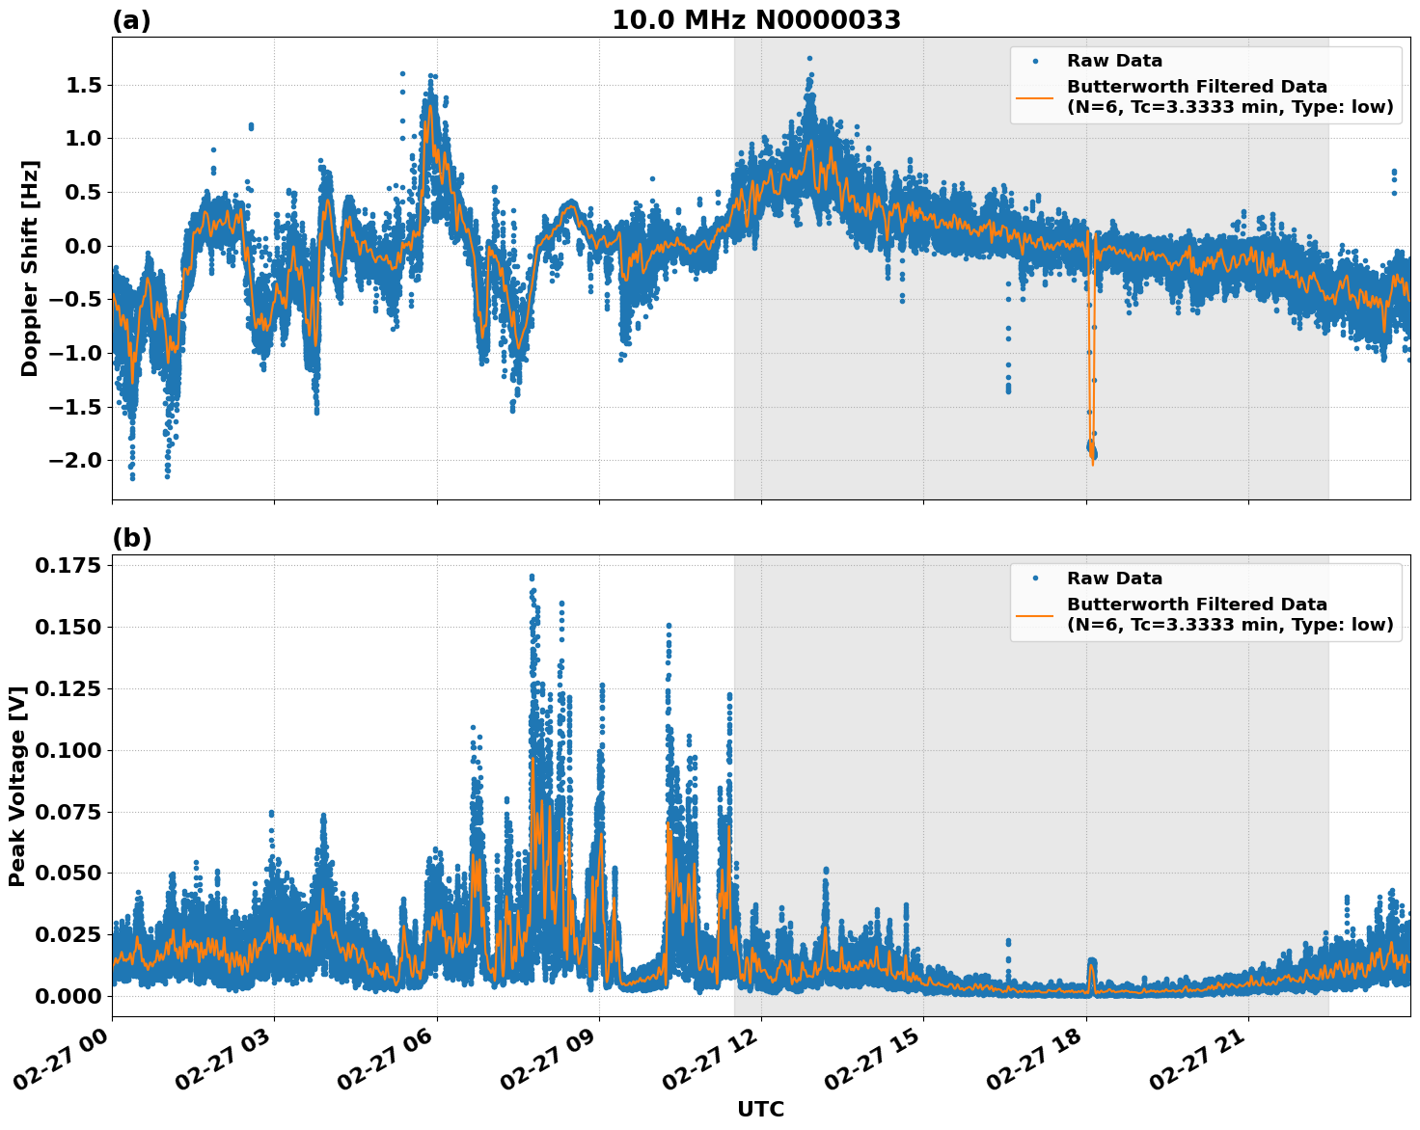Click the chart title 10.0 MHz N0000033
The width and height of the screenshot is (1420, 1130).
click(x=755, y=20)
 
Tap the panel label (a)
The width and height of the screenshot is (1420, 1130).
click(x=131, y=20)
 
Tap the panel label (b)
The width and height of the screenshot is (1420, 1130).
click(x=131, y=538)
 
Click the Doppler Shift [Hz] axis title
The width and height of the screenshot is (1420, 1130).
click(x=30, y=268)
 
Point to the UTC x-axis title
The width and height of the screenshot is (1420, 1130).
click(x=760, y=1109)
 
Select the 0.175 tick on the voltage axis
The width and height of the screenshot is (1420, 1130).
click(x=68, y=565)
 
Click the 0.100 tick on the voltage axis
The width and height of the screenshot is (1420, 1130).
click(x=68, y=750)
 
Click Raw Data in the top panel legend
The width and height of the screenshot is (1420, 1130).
click(x=1114, y=61)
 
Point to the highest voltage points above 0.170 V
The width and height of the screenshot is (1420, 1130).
click(x=532, y=578)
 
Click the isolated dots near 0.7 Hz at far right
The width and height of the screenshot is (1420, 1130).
click(x=1393, y=177)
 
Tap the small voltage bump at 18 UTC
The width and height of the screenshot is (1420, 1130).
click(x=1091, y=964)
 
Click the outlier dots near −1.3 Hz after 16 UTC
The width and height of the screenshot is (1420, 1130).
click(x=1008, y=384)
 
